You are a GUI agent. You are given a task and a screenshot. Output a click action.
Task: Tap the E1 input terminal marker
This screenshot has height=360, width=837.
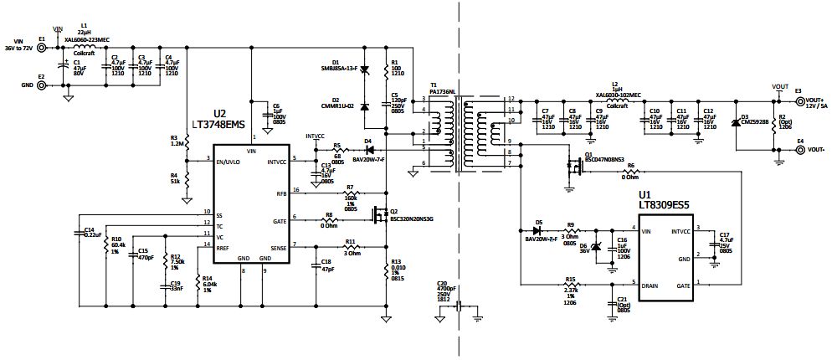click(x=41, y=39)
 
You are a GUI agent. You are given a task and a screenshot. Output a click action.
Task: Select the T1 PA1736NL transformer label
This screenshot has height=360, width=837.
click(x=442, y=88)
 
